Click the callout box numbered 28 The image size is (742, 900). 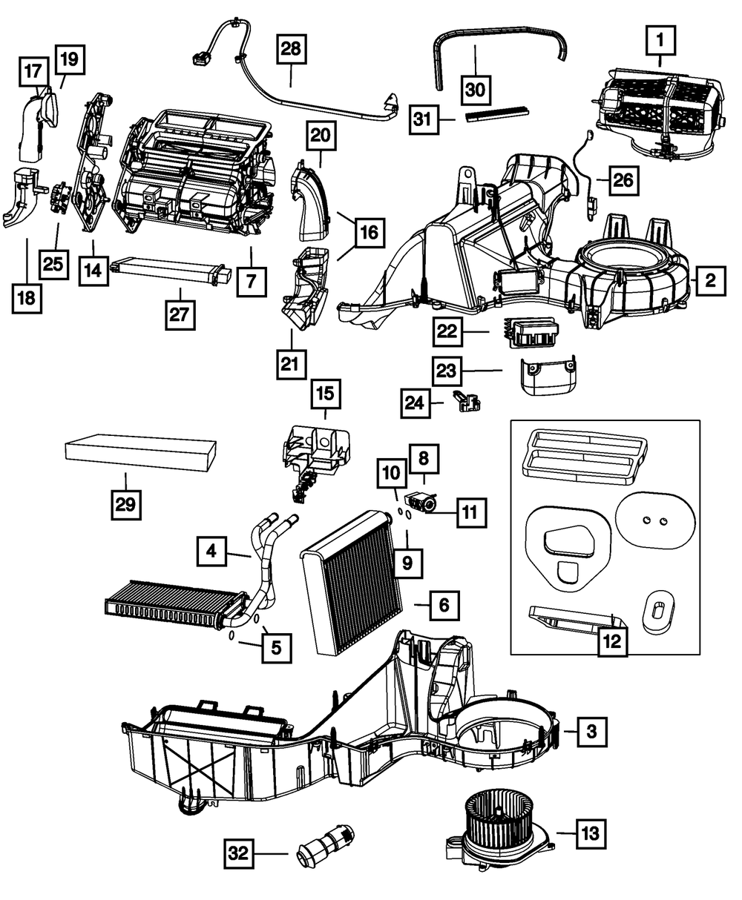point(291,50)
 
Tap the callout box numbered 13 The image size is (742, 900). point(590,833)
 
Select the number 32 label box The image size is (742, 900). point(239,853)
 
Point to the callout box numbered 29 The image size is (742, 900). point(126,504)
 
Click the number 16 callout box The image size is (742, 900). point(370,233)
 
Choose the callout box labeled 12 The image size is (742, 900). point(612,642)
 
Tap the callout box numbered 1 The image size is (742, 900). point(660,41)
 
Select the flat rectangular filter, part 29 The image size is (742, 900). point(141,452)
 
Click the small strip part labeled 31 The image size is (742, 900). point(497,115)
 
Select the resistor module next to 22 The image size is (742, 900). point(531,332)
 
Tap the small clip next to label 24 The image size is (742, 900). point(466,402)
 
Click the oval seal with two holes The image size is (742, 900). point(655,521)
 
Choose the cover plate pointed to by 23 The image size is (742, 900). point(548,376)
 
